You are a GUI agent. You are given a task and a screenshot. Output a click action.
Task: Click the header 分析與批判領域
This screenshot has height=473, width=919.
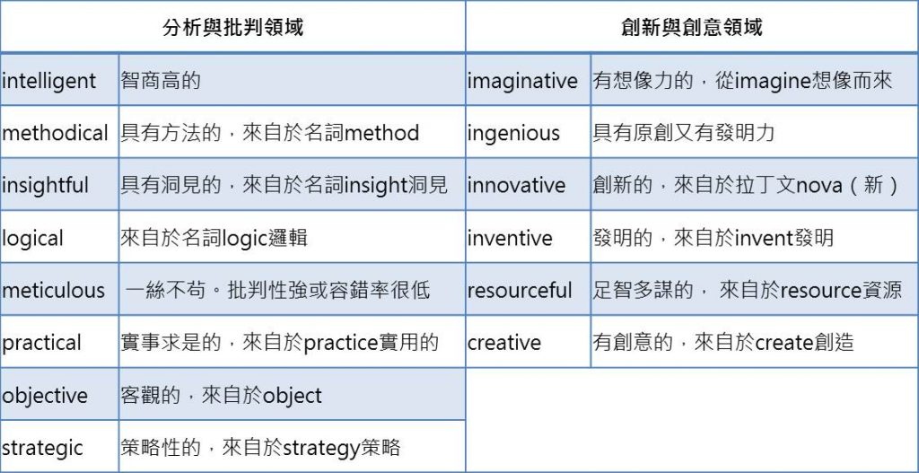tap(232, 27)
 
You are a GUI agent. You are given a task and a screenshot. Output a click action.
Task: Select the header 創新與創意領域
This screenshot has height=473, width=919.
tap(692, 27)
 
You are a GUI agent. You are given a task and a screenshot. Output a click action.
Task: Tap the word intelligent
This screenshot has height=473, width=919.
tap(48, 81)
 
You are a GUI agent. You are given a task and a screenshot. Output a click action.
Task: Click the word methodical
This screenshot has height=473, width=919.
tap(55, 133)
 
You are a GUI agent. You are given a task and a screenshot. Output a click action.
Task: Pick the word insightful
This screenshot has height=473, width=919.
tap(45, 186)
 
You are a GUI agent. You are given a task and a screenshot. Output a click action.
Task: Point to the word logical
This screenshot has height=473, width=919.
tap(33, 239)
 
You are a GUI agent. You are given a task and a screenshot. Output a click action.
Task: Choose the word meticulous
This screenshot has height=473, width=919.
tap(53, 291)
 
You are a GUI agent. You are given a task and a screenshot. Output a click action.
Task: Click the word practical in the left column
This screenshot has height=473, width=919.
tap(41, 344)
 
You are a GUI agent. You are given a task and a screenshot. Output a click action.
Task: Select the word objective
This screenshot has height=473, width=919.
tap(45, 396)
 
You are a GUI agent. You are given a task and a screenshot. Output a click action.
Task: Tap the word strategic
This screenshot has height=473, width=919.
tap(43, 449)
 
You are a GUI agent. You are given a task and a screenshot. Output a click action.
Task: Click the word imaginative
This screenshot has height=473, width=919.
tap(522, 81)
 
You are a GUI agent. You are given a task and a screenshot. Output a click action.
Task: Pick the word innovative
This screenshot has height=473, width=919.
tap(516, 186)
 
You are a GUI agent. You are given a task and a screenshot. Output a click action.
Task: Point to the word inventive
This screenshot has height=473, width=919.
tap(510, 239)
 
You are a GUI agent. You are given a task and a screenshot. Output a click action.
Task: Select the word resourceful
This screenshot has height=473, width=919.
tap(520, 291)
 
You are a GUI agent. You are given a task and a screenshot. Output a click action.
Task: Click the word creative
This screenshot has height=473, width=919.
tap(504, 344)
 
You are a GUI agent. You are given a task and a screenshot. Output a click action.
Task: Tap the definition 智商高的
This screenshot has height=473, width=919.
tap(161, 80)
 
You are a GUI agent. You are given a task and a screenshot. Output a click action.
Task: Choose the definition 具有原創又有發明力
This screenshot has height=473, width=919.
tap(683, 133)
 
